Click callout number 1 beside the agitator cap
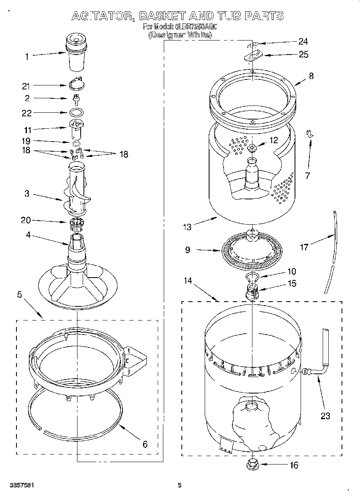pyautogui.click(x=27, y=57)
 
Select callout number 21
pyautogui.click(x=26, y=85)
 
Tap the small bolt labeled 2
pyautogui.click(x=75, y=98)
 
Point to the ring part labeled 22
pyautogui.click(x=77, y=112)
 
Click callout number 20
pyautogui.click(x=26, y=220)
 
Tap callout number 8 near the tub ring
pyautogui.click(x=311, y=76)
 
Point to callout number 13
pyautogui.click(x=187, y=227)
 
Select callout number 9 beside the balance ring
pyautogui.click(x=187, y=250)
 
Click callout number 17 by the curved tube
pyautogui.click(x=304, y=247)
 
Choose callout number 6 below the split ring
pyautogui.click(x=145, y=444)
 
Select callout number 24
pyautogui.click(x=303, y=41)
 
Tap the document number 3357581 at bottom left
pyautogui.click(x=22, y=485)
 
